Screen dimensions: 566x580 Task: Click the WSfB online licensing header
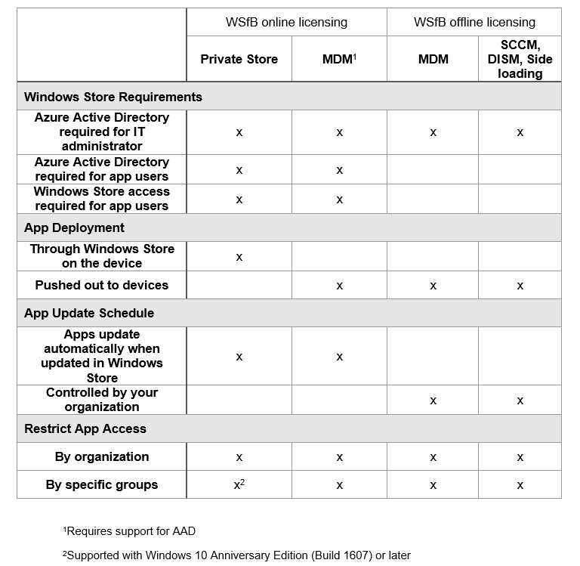286,22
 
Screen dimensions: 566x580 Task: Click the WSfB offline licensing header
474,22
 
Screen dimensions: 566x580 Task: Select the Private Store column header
239,59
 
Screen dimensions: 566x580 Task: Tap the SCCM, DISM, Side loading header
520,59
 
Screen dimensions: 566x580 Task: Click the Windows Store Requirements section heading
113,97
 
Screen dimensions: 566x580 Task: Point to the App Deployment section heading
74,227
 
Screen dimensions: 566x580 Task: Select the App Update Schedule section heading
89,313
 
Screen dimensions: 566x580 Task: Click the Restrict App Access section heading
85,428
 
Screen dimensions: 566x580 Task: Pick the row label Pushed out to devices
102,285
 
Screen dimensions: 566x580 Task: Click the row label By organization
102,456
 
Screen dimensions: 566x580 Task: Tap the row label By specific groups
102,484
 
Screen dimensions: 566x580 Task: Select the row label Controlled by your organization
102,399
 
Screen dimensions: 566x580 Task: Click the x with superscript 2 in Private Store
239,484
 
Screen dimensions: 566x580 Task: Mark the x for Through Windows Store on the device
239,257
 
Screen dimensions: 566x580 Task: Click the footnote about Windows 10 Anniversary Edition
236,555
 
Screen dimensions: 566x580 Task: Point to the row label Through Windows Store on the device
102,255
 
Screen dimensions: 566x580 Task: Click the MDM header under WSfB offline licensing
433,59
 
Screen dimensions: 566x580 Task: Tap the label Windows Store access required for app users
102,199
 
